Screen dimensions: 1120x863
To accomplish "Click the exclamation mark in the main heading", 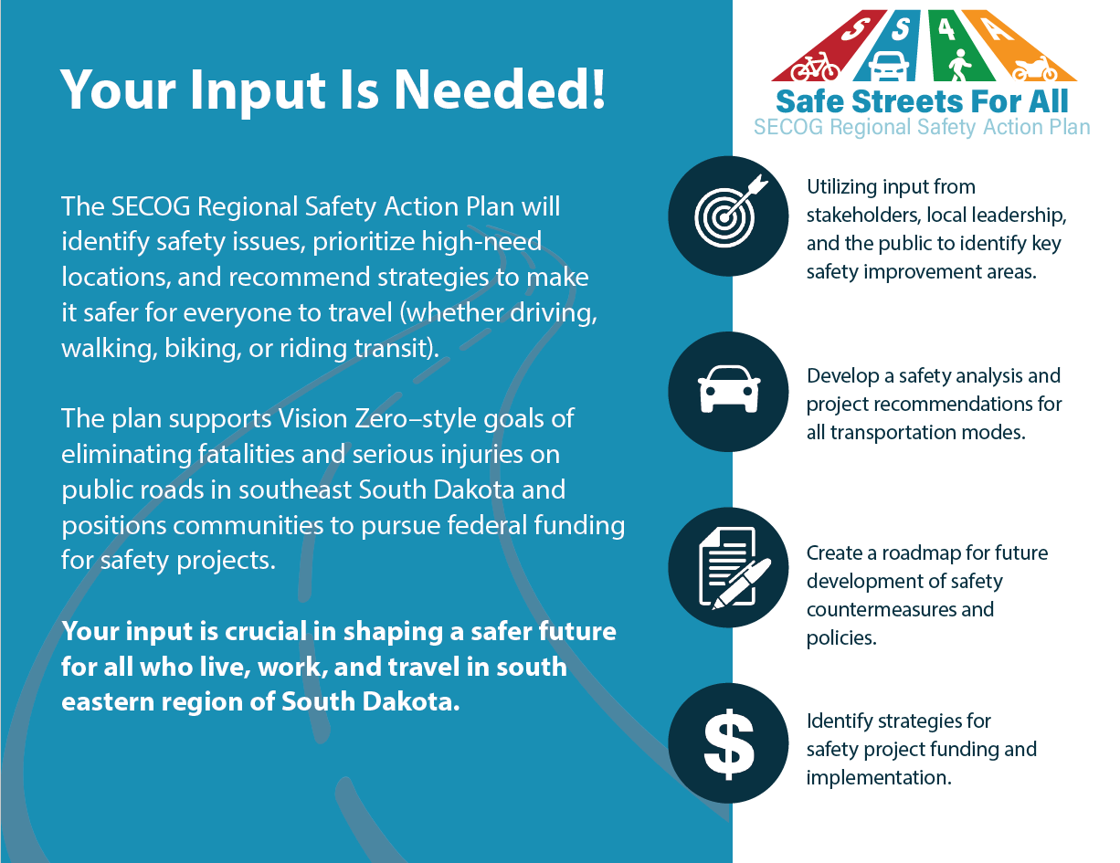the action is (598, 89).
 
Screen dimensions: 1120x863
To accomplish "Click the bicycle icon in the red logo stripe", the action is (815, 67).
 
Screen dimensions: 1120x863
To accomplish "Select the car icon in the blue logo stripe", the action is (889, 67).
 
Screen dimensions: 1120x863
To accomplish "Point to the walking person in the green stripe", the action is (959, 66).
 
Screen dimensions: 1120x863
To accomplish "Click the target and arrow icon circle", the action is (728, 216).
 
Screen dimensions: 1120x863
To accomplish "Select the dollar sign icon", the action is (728, 743).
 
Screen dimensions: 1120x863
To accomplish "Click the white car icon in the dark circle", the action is (729, 390).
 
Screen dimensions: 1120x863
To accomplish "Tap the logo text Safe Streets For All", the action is (922, 101).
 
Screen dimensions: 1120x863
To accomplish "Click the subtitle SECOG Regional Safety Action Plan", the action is (922, 127).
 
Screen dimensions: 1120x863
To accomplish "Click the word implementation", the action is (878, 778).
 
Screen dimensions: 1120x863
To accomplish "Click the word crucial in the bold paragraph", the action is (266, 632).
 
